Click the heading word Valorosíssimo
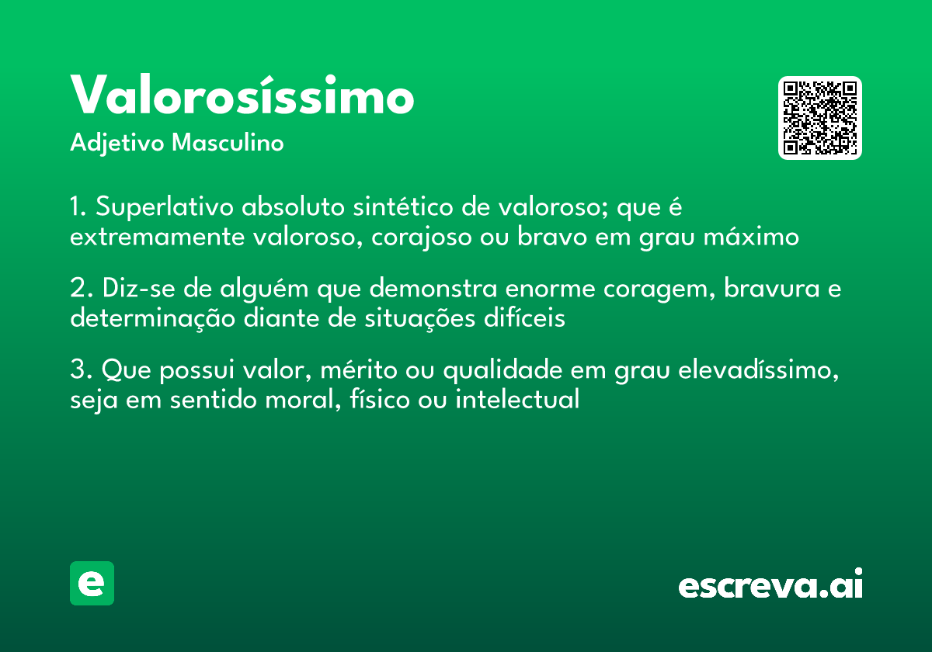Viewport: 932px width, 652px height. [x=242, y=96]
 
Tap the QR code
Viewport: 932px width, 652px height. [x=820, y=118]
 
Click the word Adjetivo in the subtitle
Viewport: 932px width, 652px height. [x=117, y=144]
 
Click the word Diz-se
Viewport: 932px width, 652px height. [x=131, y=289]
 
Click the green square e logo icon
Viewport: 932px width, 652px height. [x=92, y=583]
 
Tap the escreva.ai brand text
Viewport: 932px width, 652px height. [x=770, y=584]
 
